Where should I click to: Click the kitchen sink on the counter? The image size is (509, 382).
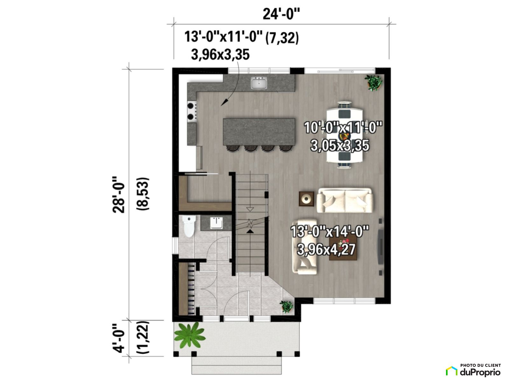[259, 83]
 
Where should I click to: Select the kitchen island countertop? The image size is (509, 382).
[259, 132]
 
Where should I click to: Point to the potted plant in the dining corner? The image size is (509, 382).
[373, 83]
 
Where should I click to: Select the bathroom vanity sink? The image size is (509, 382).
[216, 223]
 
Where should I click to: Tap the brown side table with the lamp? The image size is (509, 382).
[306, 199]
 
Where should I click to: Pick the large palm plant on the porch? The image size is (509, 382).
[190, 335]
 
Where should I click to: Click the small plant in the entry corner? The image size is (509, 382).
[286, 306]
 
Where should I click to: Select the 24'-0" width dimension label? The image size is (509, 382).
[281, 14]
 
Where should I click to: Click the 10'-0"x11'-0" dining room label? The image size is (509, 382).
[343, 128]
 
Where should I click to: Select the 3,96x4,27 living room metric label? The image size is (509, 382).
[326, 250]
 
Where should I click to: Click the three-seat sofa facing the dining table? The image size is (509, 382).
[345, 200]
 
